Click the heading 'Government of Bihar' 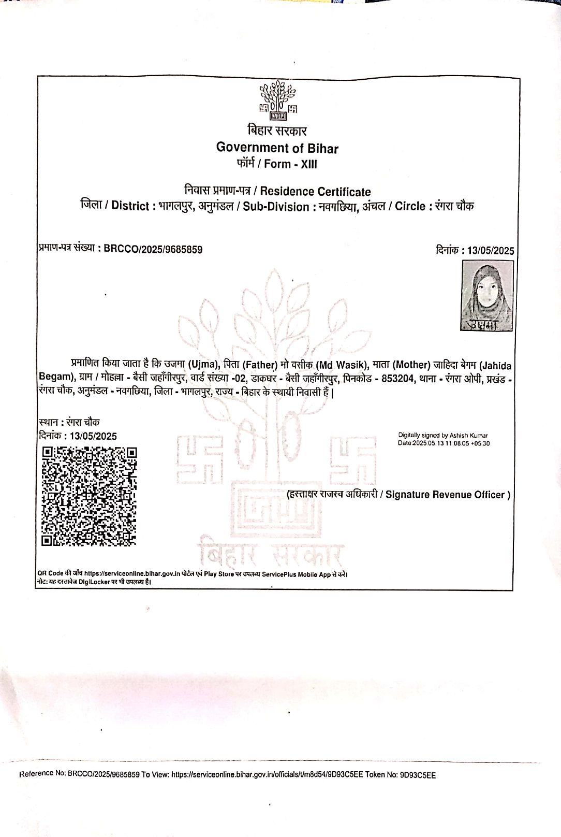point(277,148)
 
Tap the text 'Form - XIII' point(290,164)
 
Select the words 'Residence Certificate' point(315,192)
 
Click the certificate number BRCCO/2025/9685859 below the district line point(153,249)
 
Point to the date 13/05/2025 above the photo point(490,251)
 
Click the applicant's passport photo point(487,295)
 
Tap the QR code point(89,496)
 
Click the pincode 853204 point(397,379)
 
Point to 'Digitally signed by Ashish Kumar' point(442,436)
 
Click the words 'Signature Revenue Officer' point(448,495)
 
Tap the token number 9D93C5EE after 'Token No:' point(418,775)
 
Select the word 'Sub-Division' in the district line point(276,207)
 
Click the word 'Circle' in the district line point(410,207)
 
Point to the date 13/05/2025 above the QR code point(93,436)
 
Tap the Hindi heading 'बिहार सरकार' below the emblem point(277,131)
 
